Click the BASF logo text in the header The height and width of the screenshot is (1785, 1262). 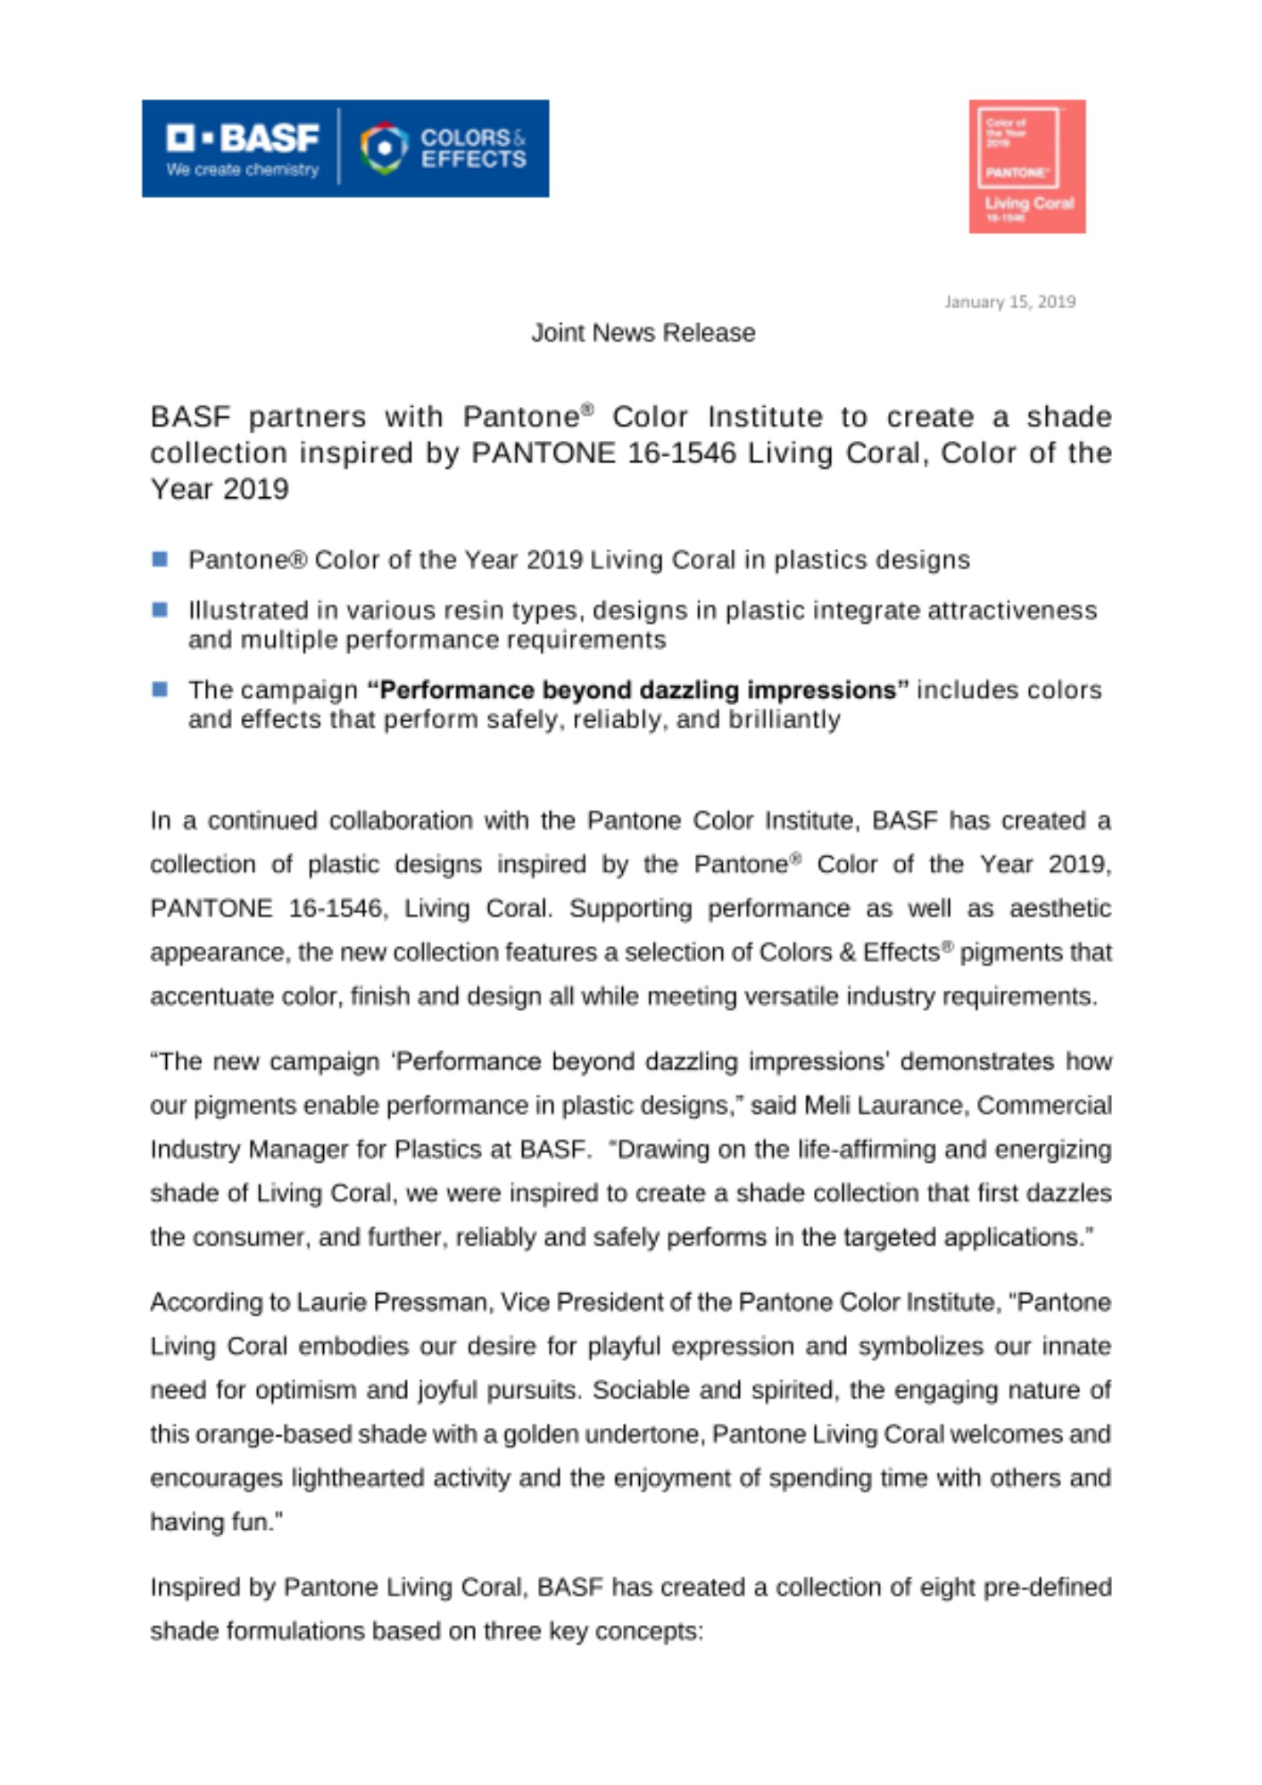tap(243, 137)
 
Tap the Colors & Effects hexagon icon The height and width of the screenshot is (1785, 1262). tap(384, 147)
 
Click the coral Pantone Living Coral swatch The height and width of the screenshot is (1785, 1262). tap(1026, 166)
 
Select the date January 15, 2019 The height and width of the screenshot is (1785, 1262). tap(1009, 302)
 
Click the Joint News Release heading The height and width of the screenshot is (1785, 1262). tap(643, 333)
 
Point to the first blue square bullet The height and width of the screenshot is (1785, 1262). tap(161, 560)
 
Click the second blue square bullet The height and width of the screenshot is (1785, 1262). tap(161, 610)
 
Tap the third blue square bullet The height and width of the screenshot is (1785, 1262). tap(161, 690)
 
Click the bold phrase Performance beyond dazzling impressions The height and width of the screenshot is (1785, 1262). tap(637, 690)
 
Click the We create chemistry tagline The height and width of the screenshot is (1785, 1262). tap(242, 170)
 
